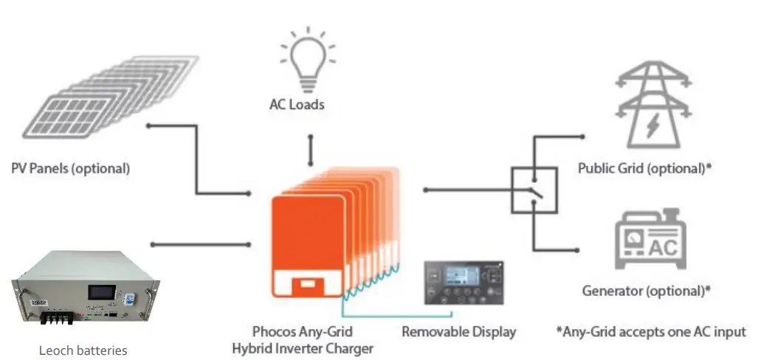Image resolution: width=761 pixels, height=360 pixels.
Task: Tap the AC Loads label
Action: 296,105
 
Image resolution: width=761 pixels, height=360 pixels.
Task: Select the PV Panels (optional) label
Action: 71,168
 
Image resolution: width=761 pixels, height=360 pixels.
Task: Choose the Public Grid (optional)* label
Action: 644,168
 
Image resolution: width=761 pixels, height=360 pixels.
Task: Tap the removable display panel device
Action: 461,283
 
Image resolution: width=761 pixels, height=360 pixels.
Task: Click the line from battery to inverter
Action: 199,243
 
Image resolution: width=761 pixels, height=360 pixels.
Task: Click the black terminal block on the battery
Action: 56,319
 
